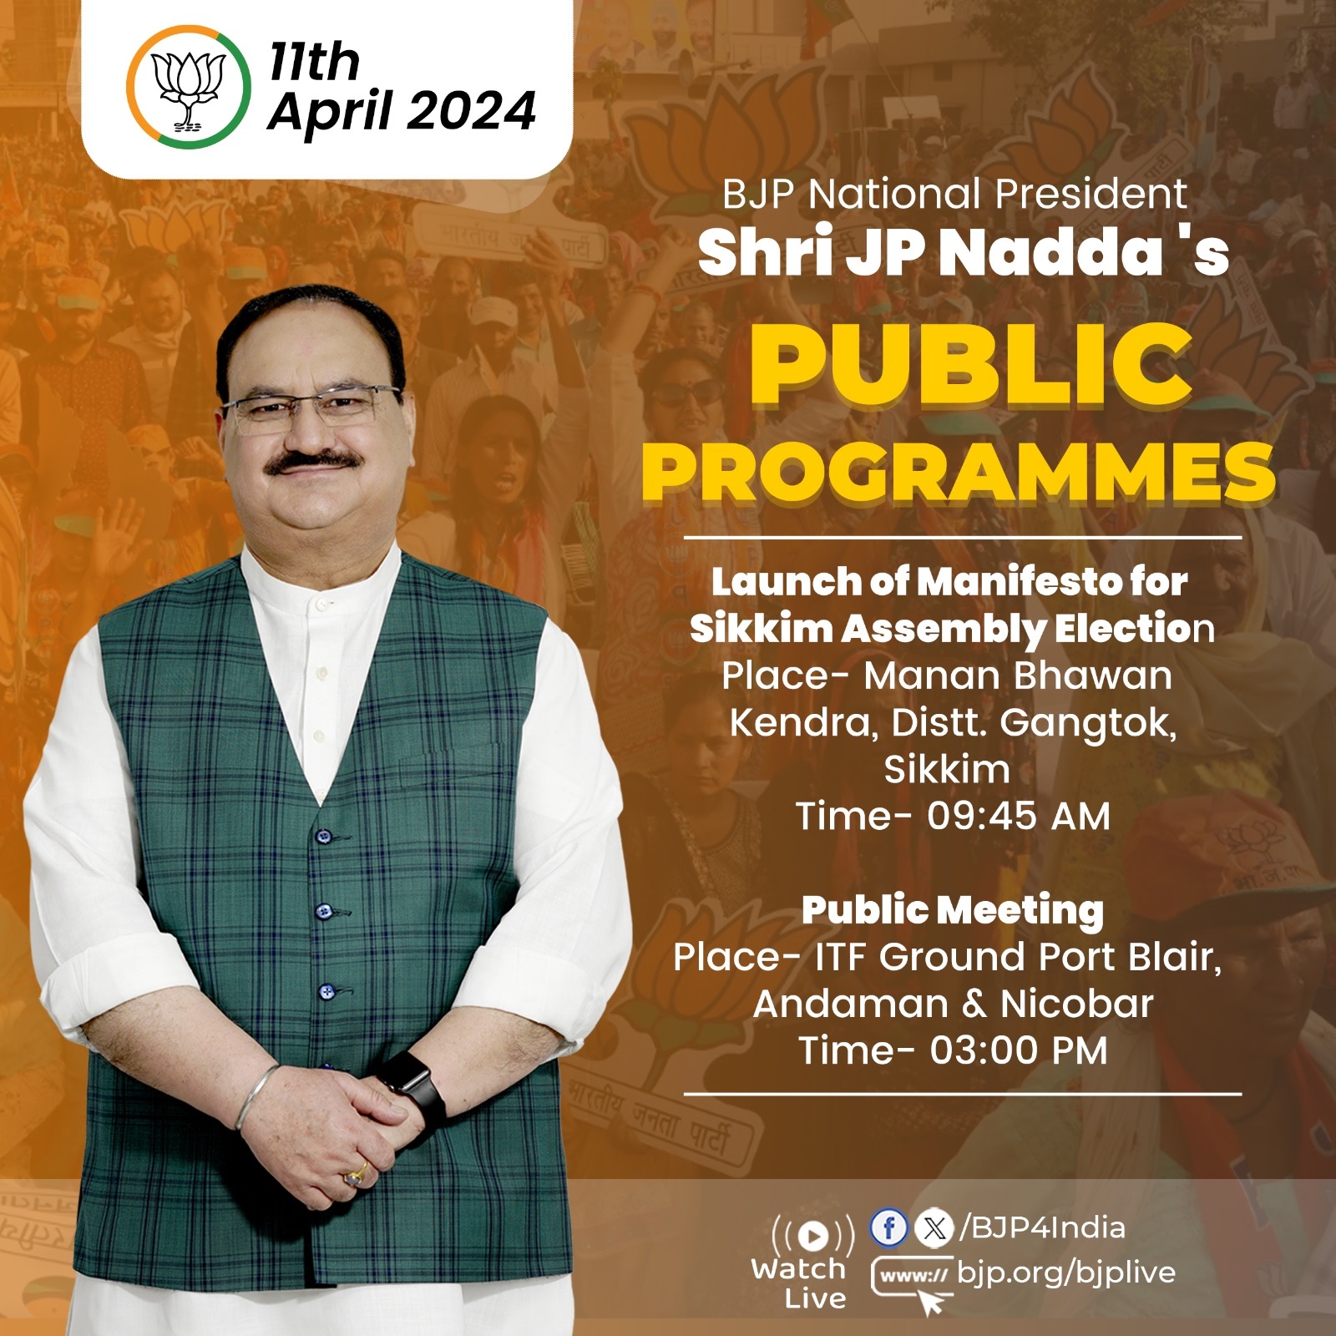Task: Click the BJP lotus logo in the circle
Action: click(189, 88)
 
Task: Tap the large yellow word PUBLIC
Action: click(971, 365)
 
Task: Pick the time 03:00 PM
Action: click(1019, 1050)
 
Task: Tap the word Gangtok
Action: click(1088, 723)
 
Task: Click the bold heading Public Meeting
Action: click(953, 910)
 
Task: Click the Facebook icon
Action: click(889, 1227)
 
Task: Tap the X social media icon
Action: click(934, 1227)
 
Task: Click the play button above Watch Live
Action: click(813, 1236)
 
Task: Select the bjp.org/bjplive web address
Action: click(1065, 1273)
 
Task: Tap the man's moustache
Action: click(313, 462)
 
